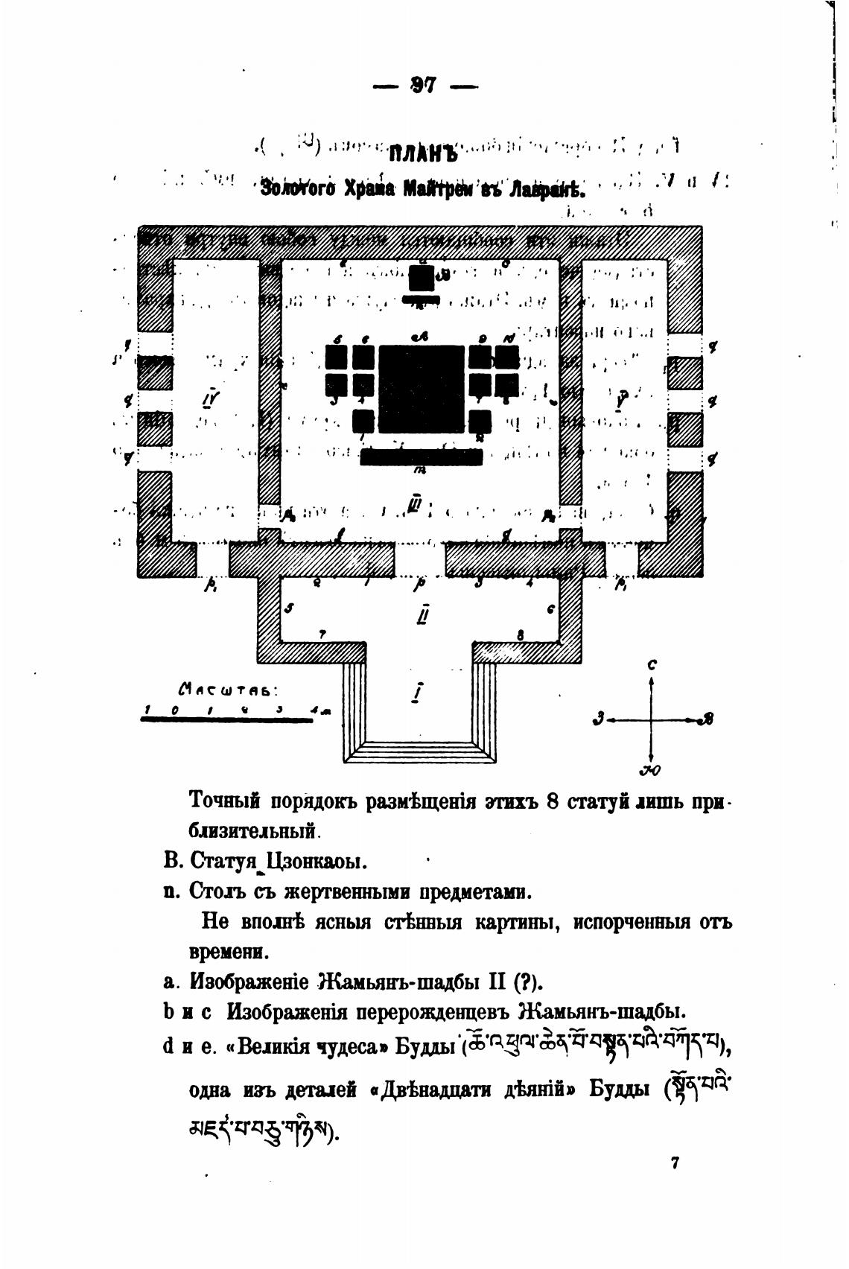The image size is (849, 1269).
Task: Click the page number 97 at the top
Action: [422, 85]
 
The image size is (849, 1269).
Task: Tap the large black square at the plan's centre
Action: [421, 388]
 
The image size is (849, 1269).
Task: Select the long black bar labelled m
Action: [422, 457]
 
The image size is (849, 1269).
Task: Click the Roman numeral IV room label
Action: [210, 400]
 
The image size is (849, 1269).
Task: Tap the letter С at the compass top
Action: [652, 665]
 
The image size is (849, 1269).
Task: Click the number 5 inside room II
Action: [290, 608]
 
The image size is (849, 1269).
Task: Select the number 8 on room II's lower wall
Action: [521, 634]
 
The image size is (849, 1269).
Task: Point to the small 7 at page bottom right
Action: [675, 1163]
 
